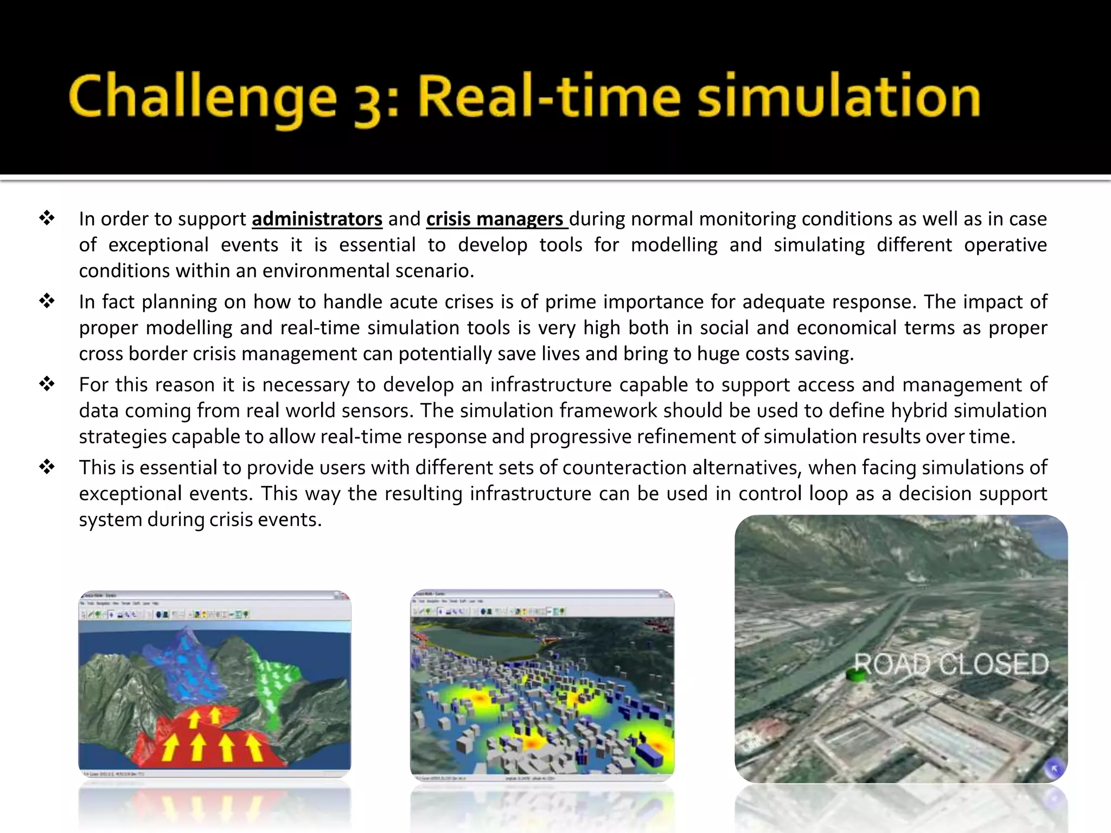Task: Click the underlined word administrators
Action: point(317,219)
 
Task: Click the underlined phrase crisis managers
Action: point(495,219)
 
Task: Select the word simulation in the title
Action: point(839,98)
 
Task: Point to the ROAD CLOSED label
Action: point(952,664)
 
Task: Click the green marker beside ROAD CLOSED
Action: point(856,675)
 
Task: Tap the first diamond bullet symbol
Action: point(47,219)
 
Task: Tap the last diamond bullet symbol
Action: point(47,467)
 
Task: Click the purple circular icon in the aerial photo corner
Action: point(1054,768)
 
